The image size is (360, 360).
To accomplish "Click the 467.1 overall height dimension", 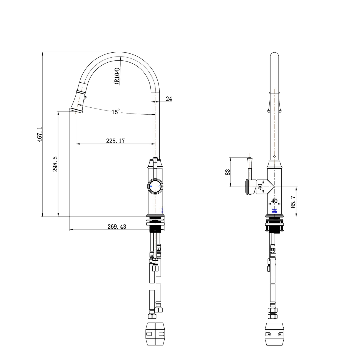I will (39, 134).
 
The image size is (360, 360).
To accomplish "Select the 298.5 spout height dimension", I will (55, 164).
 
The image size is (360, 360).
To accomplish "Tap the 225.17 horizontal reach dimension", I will (115, 141).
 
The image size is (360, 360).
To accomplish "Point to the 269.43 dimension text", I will (117, 227).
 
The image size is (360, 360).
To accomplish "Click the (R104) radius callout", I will (117, 76).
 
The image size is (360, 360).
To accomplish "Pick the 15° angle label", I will (115, 112).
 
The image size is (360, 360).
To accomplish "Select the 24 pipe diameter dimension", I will (169, 99).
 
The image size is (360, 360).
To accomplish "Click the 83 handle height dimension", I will (228, 172).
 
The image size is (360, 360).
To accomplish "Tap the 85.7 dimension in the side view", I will (293, 202).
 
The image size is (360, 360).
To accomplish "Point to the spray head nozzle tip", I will (76, 110).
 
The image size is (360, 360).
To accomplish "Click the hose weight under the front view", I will (156, 334).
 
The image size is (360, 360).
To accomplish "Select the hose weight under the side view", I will (275, 334).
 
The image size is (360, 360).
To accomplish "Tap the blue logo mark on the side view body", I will (274, 211).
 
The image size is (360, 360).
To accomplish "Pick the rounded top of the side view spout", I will (274, 55).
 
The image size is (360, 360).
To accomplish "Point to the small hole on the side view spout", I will (274, 156).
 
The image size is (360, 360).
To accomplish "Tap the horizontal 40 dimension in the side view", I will (274, 201).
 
